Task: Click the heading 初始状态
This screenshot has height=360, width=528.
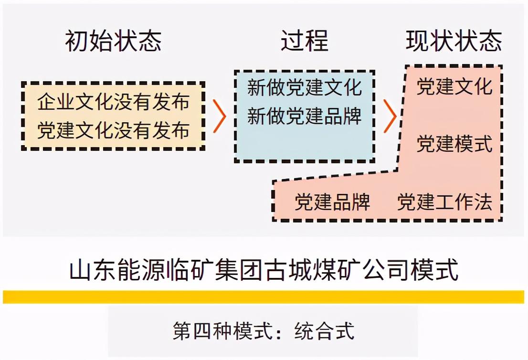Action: coord(114,41)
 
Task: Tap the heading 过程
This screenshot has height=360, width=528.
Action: coord(304,41)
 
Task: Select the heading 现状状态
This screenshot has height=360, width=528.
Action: coord(454,41)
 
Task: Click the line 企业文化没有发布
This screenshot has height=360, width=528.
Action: coord(114,102)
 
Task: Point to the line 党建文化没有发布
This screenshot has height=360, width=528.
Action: coord(114,130)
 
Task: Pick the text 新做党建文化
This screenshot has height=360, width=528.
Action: coord(305,88)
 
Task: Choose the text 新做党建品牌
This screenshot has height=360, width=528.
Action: coord(305,116)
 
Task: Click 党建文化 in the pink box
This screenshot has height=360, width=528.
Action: coord(454,86)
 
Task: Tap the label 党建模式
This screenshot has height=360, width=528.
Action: coord(454,143)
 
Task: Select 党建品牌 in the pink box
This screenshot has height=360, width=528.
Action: coord(332,202)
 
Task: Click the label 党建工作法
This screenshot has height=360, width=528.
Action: coord(444,202)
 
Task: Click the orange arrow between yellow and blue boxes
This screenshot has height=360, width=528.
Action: coord(219,116)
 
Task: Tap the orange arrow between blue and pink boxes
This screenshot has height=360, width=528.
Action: coord(390,116)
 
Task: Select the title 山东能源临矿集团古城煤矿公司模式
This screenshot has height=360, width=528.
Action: coord(264,270)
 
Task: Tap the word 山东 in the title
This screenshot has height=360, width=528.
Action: coord(88,270)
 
